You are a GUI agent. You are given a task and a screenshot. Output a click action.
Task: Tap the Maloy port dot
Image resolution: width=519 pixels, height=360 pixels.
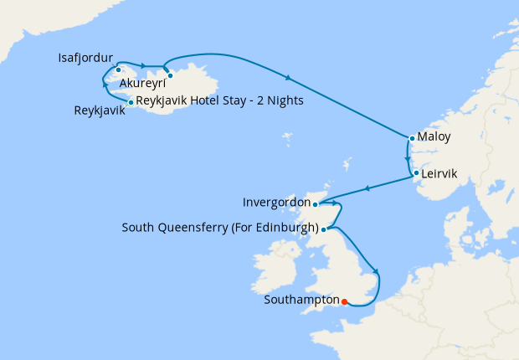(x=412, y=138)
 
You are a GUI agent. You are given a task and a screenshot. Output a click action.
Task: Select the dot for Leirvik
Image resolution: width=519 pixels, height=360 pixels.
(x=415, y=173)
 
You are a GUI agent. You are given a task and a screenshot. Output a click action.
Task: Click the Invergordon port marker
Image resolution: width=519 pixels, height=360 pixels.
(x=315, y=203)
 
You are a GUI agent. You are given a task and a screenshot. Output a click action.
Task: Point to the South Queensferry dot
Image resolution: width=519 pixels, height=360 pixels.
(x=324, y=228)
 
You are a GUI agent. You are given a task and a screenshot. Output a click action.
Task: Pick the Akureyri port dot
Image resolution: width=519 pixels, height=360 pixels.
(x=170, y=75)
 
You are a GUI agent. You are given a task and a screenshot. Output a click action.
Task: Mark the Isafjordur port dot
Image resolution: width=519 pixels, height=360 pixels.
(x=119, y=70)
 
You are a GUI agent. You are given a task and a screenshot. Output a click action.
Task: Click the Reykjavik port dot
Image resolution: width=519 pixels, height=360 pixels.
(x=131, y=102)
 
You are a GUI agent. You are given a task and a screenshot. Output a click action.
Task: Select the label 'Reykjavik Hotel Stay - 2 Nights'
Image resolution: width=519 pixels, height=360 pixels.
(x=219, y=101)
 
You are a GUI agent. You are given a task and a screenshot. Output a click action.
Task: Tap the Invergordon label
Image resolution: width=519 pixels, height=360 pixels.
(x=275, y=203)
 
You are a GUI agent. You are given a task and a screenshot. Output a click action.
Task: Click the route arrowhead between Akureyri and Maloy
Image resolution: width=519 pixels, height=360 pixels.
(x=289, y=79)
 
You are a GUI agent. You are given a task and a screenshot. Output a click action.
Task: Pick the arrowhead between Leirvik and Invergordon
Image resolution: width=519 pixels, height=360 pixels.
(x=366, y=188)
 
